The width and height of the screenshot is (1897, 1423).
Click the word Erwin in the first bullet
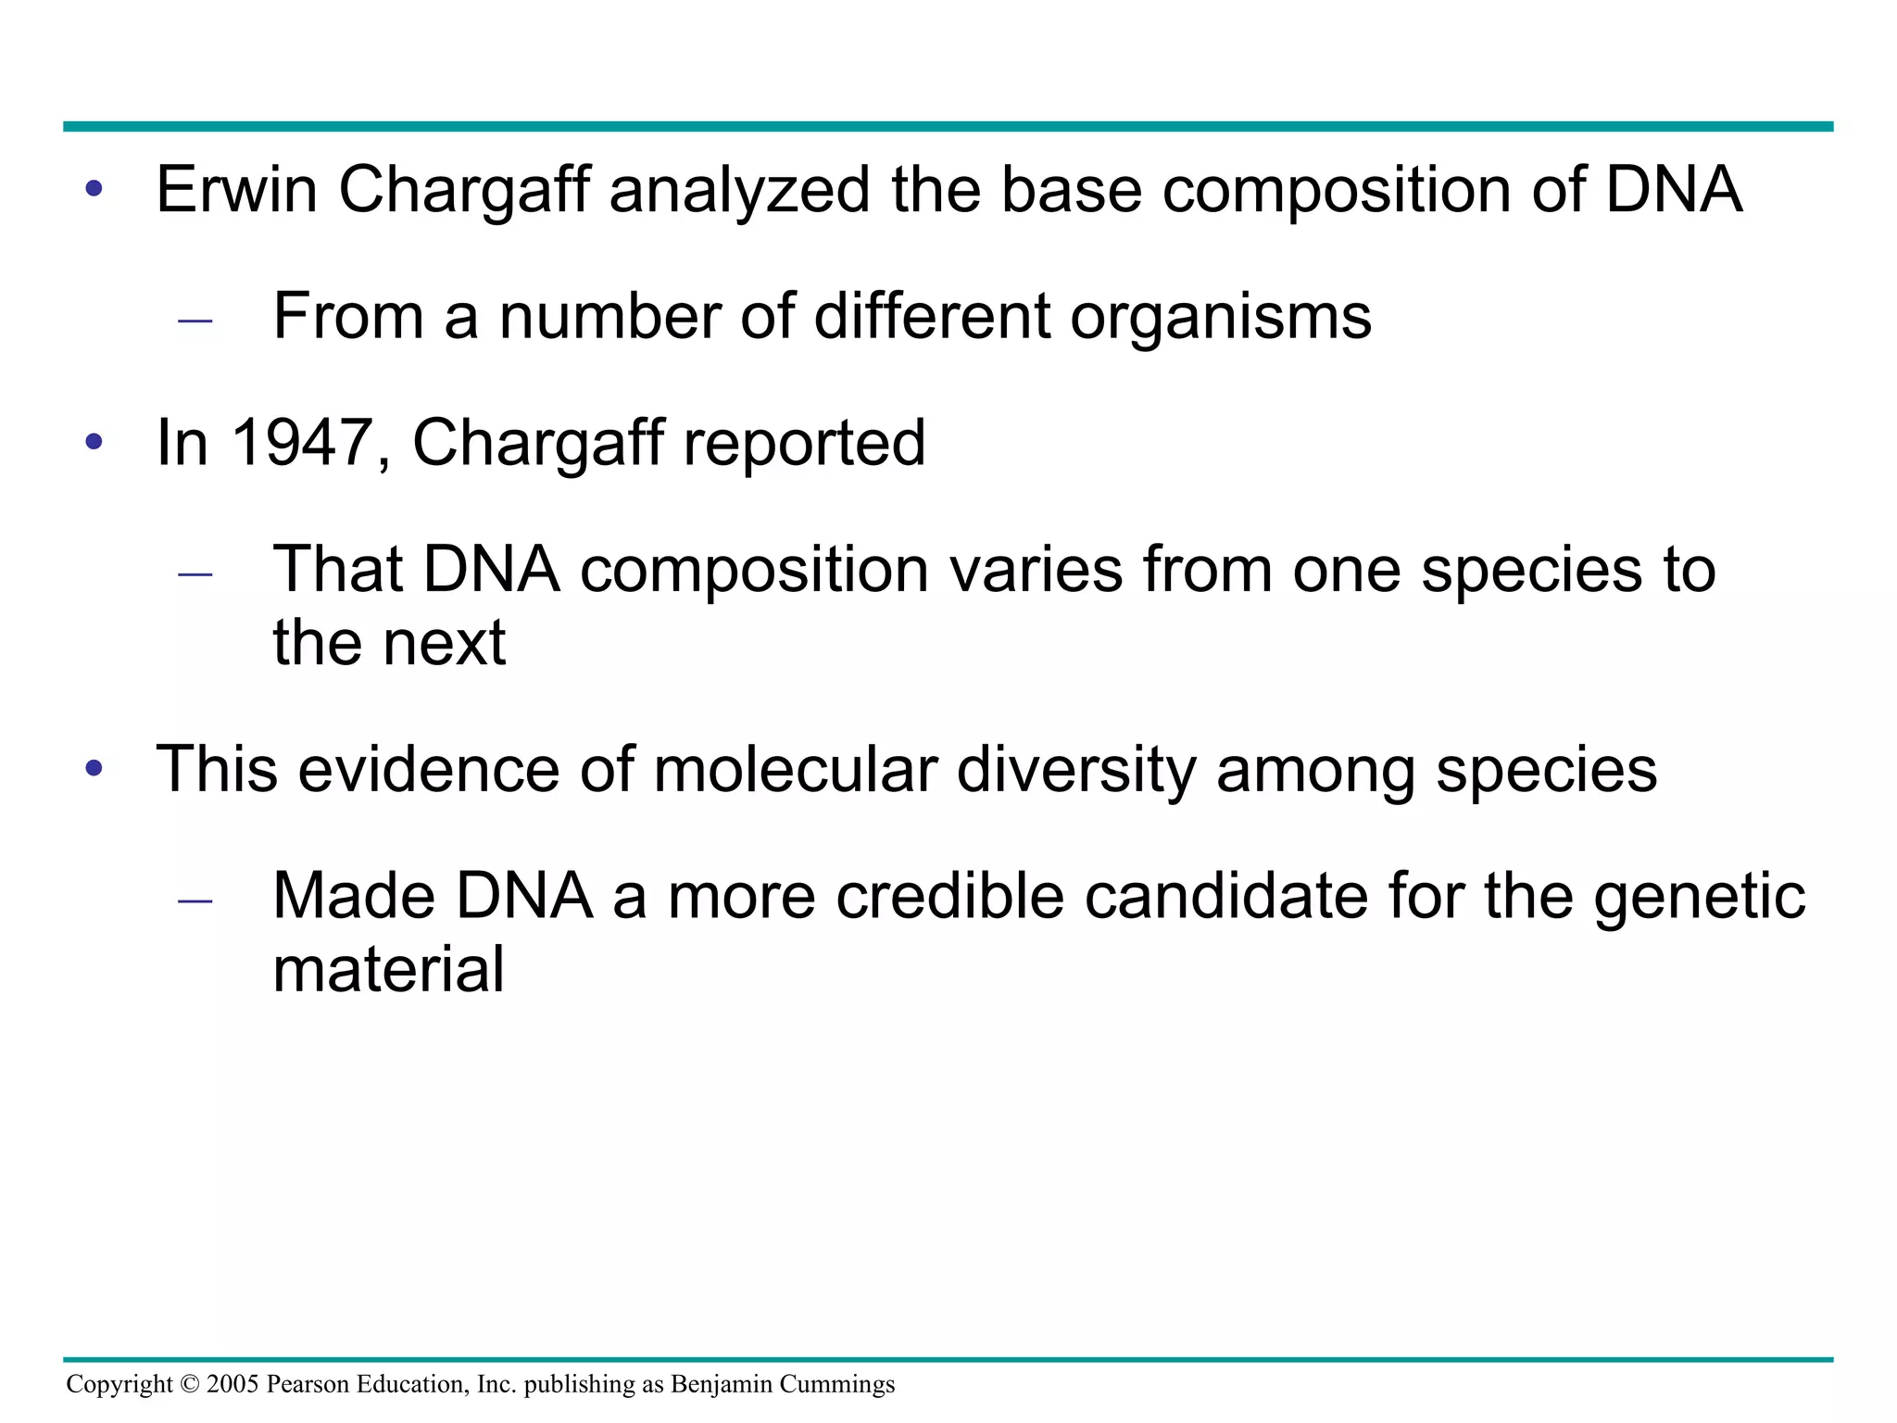[236, 190]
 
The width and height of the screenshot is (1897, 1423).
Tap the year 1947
[303, 442]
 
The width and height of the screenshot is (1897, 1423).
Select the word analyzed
[739, 190]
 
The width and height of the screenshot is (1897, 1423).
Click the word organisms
[1220, 318]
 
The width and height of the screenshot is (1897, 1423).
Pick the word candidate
[1225, 896]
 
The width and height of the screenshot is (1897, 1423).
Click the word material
[388, 969]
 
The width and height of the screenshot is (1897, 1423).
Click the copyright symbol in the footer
[189, 1384]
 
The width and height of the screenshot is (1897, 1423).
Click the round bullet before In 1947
[94, 442]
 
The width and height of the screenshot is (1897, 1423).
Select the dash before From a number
[195, 321]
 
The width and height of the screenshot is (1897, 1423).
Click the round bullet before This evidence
[94, 768]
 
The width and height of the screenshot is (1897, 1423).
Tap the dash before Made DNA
[195, 900]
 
